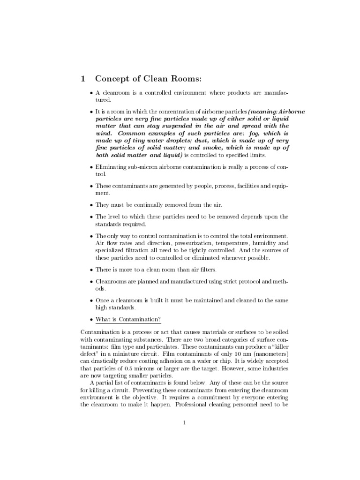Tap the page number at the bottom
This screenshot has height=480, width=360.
(185, 422)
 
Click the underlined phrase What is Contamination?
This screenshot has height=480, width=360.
(128, 320)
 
